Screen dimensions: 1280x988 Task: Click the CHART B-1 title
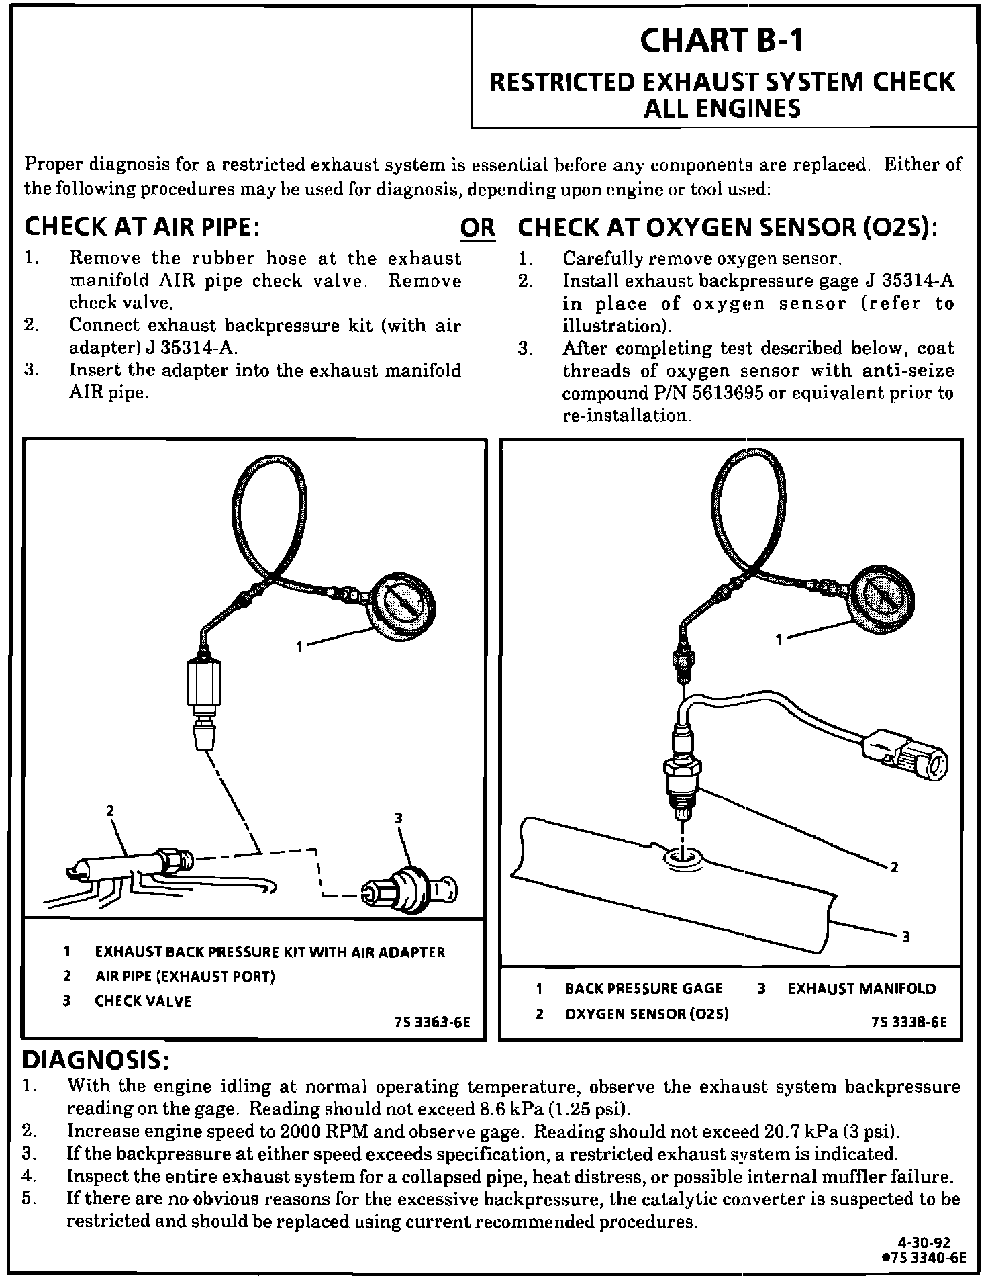[722, 40]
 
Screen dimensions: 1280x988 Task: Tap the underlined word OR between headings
[477, 229]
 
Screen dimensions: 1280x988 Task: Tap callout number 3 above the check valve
[399, 817]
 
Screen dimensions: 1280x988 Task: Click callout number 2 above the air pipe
[111, 811]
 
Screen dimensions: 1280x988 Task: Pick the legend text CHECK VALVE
[143, 1001]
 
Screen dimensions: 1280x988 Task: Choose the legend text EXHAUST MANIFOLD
[861, 989]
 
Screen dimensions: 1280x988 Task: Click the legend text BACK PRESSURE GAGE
[644, 989]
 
